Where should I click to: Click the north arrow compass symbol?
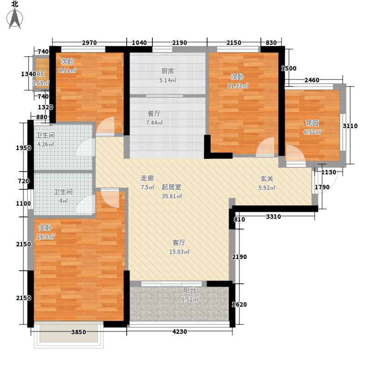point(15,18)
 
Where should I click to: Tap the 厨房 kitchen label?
point(168,71)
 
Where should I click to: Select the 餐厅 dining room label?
point(154,114)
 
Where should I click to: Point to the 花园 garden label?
point(312,123)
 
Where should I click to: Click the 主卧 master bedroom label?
point(45,228)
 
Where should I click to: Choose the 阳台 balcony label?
point(190,290)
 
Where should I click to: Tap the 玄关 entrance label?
point(266,179)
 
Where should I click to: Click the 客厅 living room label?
point(179,243)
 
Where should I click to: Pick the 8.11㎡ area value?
point(67,71)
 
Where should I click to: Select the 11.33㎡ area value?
point(238,86)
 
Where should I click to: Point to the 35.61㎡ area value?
point(172,196)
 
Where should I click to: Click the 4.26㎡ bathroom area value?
point(46,144)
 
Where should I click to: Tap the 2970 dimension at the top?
point(89,43)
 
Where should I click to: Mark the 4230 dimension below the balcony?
point(180,332)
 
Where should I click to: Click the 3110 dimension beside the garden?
point(350,126)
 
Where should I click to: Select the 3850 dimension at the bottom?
point(79,332)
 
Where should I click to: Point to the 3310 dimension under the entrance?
point(273,217)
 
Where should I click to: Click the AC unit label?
point(41,74)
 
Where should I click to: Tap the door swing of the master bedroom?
point(110,198)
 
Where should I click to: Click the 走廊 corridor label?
point(147,178)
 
